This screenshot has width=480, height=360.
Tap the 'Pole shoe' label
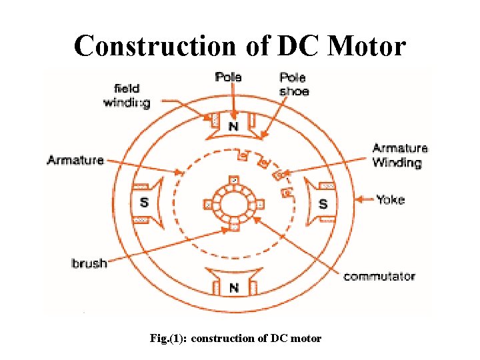[x=294, y=84]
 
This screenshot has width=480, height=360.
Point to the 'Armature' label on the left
[x=75, y=160]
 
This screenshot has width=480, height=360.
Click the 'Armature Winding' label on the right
[x=400, y=155]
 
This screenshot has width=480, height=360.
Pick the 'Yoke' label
[x=390, y=199]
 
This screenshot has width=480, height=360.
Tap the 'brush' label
[x=89, y=263]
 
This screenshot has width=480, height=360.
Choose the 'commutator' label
[x=379, y=276]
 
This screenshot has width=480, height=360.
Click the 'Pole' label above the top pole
[x=229, y=77]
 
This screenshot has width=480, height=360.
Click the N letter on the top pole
[x=233, y=125]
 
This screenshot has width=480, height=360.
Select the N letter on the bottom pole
[x=233, y=287]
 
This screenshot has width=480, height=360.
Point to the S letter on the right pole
[x=323, y=203]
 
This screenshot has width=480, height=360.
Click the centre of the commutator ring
[x=233, y=203]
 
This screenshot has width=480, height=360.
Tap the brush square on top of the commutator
[x=233, y=181]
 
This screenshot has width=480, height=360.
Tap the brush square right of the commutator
[x=259, y=204]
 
